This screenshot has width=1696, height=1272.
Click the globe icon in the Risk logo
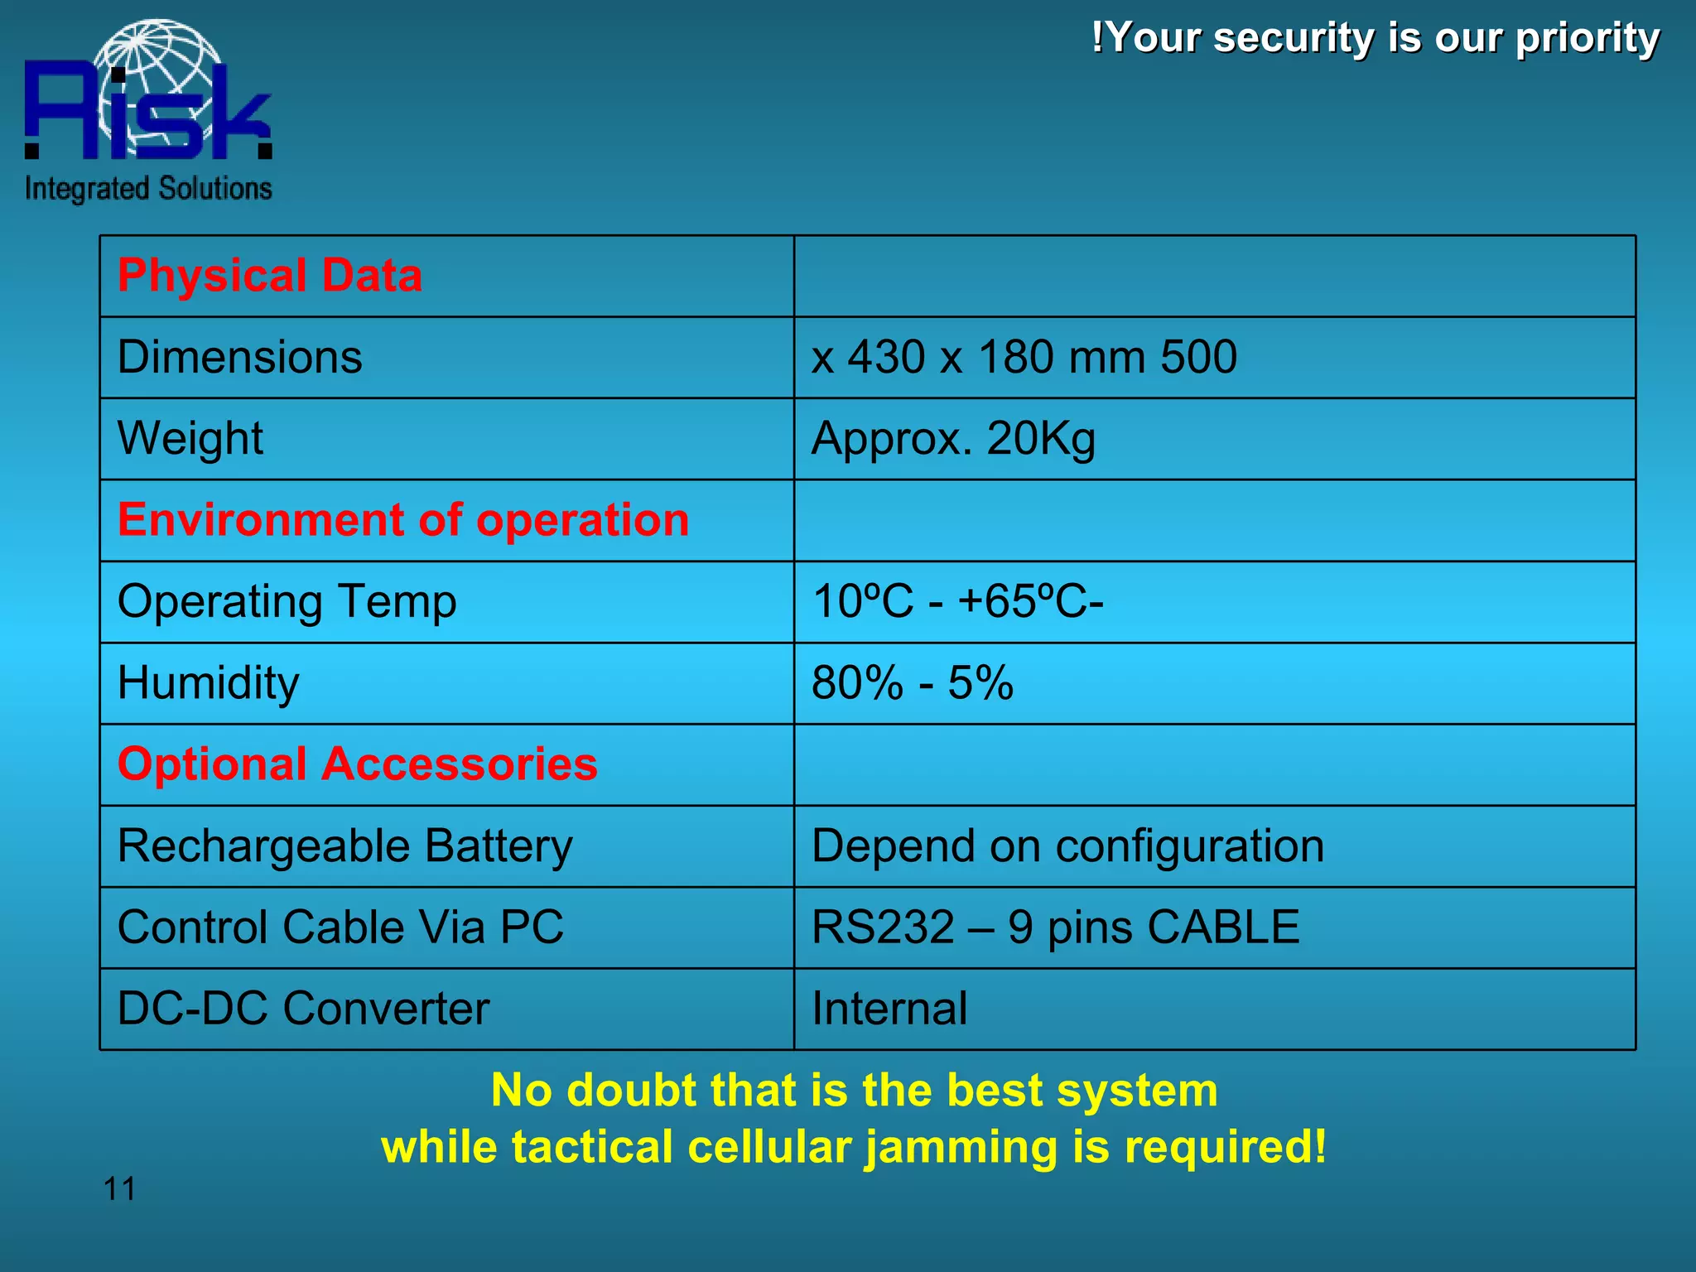click(x=157, y=79)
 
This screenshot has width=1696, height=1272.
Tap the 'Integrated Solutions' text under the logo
click(x=148, y=189)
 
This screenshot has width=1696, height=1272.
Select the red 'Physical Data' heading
click(x=270, y=275)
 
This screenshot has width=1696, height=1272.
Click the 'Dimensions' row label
click(x=240, y=357)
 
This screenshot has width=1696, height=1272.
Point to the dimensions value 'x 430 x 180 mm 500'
click(x=1024, y=357)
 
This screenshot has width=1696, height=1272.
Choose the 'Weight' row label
click(x=190, y=438)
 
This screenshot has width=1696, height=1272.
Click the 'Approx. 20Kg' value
click(x=953, y=438)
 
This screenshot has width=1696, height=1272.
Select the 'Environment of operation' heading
click(x=403, y=520)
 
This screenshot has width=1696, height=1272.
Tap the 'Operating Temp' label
click(x=287, y=601)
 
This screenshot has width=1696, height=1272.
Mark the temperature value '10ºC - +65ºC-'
click(x=957, y=601)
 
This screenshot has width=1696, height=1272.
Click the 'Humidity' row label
click(x=209, y=683)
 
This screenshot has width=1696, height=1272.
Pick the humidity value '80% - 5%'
click(x=912, y=683)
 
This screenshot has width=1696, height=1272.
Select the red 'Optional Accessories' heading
click(x=358, y=764)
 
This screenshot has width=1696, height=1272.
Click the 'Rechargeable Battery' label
click(x=345, y=846)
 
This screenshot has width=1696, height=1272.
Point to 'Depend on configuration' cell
click(x=1067, y=846)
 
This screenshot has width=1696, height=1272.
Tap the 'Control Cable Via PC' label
click(x=340, y=927)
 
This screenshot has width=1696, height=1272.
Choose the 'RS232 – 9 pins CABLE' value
click(x=1055, y=927)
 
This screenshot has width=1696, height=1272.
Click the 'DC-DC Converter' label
click(x=304, y=1009)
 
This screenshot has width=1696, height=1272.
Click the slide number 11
click(x=119, y=1189)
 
